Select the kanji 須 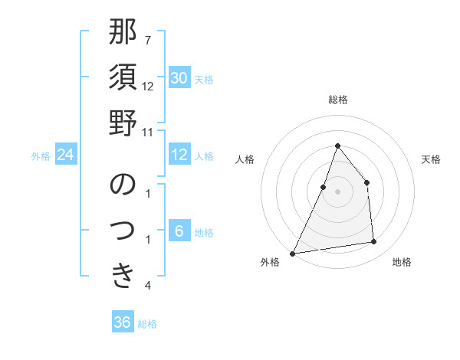123,79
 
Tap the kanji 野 123,123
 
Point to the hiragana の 123,185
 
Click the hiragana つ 123,230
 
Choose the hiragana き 123,274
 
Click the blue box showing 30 179,78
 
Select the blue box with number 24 66,155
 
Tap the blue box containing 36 123,322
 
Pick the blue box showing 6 179,232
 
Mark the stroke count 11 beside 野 147,132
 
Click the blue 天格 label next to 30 204,79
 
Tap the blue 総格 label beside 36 147,324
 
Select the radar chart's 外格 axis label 270,263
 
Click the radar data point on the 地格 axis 374,242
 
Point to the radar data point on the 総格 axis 337,146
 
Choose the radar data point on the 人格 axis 324,186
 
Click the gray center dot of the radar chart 337,191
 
